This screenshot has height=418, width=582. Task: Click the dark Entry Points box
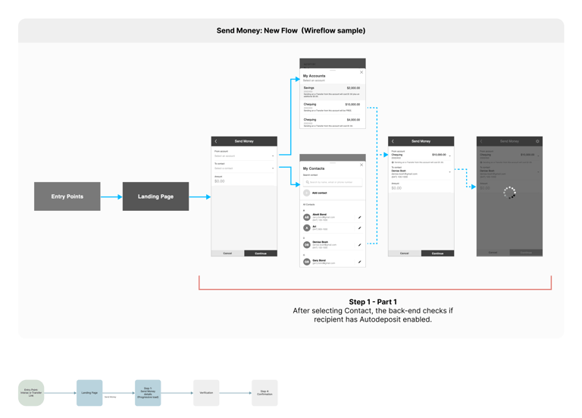[x=67, y=196]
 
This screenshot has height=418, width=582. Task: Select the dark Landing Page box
[x=155, y=196]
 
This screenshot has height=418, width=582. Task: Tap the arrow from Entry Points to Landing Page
[x=111, y=197]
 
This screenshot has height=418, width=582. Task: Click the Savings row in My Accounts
[x=332, y=91]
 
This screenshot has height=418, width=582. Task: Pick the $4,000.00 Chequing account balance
[x=353, y=120]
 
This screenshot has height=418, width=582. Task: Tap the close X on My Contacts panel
[x=361, y=165]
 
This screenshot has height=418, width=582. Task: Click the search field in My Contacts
[x=333, y=182]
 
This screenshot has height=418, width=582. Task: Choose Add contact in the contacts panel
[x=319, y=193]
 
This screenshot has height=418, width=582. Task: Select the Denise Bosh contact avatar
[x=307, y=244]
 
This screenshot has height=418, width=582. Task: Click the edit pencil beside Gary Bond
[x=360, y=262]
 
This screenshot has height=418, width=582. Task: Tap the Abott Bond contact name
[x=319, y=215]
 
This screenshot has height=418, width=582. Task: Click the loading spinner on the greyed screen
[x=509, y=193]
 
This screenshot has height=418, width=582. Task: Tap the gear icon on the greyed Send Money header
[x=537, y=141]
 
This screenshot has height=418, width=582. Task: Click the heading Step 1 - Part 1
[x=373, y=302]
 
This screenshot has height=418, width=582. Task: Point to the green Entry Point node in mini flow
[x=31, y=393]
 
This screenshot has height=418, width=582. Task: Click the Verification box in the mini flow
[x=206, y=393]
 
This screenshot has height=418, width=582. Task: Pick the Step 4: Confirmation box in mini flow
[x=264, y=393]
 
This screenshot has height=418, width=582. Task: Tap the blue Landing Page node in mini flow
[x=89, y=393]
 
